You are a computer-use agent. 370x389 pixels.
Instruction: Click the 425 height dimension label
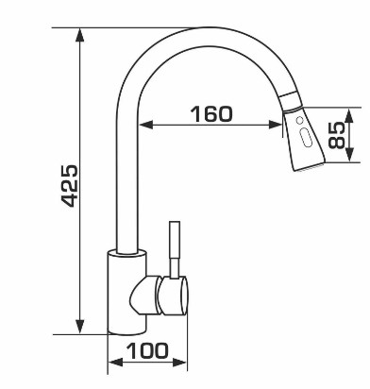(69, 186)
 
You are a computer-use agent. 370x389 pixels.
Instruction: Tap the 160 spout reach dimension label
(211, 114)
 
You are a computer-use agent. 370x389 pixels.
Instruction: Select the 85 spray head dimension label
(336, 135)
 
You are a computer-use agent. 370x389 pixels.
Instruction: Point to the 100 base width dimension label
(147, 350)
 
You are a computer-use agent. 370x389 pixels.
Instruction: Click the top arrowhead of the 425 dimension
(80, 35)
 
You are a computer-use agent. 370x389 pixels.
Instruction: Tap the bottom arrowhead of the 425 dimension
(80, 327)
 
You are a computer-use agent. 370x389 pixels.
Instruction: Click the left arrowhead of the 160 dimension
(146, 125)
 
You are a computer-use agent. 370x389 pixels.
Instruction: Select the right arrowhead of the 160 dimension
(276, 125)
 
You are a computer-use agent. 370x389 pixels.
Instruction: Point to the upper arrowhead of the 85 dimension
(349, 115)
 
